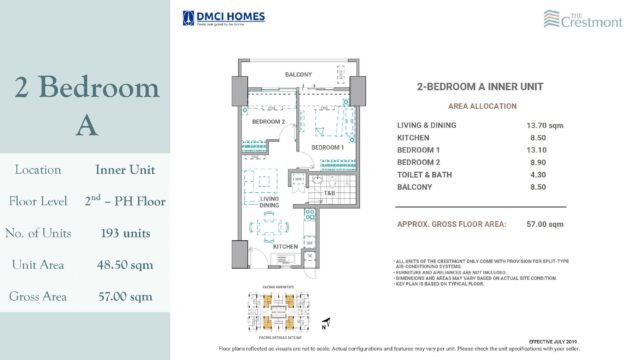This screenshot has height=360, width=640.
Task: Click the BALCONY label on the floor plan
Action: tap(298, 75)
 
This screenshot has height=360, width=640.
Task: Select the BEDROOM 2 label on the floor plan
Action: tap(269, 122)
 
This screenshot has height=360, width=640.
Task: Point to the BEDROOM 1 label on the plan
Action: tap(327, 147)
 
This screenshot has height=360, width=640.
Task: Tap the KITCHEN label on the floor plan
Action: tap(288, 245)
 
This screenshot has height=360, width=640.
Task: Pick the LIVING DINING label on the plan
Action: tap(269, 202)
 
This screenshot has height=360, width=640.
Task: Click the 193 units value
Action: tap(125, 234)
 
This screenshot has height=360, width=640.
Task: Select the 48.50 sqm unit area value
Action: tap(125, 265)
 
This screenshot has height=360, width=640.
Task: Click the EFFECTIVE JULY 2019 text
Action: tap(591, 340)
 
